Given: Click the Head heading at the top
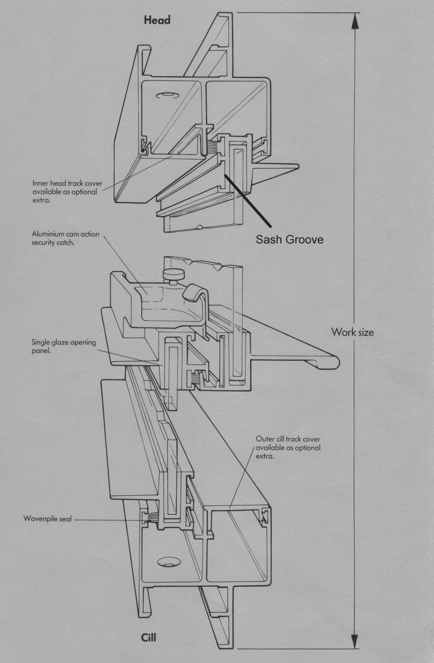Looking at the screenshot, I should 157,20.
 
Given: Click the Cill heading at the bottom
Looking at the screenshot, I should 149,637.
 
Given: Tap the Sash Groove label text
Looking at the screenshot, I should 289,239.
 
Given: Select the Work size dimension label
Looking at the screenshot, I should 352,332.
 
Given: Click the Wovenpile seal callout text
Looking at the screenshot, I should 47,519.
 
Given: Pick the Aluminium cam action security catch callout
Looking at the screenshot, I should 65,239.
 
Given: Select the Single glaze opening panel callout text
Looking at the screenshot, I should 64,346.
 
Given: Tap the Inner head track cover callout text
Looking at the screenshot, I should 67,192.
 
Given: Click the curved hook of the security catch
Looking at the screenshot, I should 195,292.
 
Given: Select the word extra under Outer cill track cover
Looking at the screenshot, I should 266,456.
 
